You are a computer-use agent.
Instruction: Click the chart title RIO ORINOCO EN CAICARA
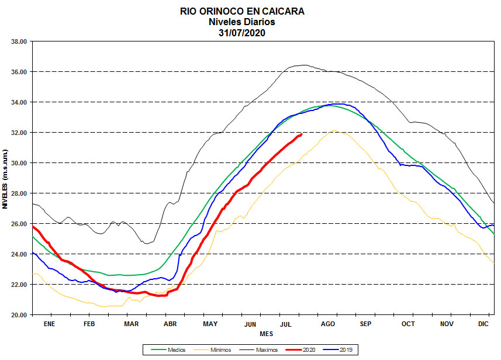tap(241, 11)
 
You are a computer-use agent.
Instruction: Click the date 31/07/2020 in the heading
tap(241, 32)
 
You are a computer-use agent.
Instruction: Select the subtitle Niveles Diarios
tap(241, 22)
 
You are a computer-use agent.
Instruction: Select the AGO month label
tap(327, 323)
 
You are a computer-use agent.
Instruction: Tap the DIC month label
tap(483, 323)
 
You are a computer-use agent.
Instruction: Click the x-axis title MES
tap(266, 333)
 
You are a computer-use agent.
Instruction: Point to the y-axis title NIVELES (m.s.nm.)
tap(5, 178)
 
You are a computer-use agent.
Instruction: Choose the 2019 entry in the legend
tap(347, 349)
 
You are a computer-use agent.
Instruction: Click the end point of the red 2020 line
tap(301, 134)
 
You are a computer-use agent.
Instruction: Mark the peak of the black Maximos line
tap(304, 65)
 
